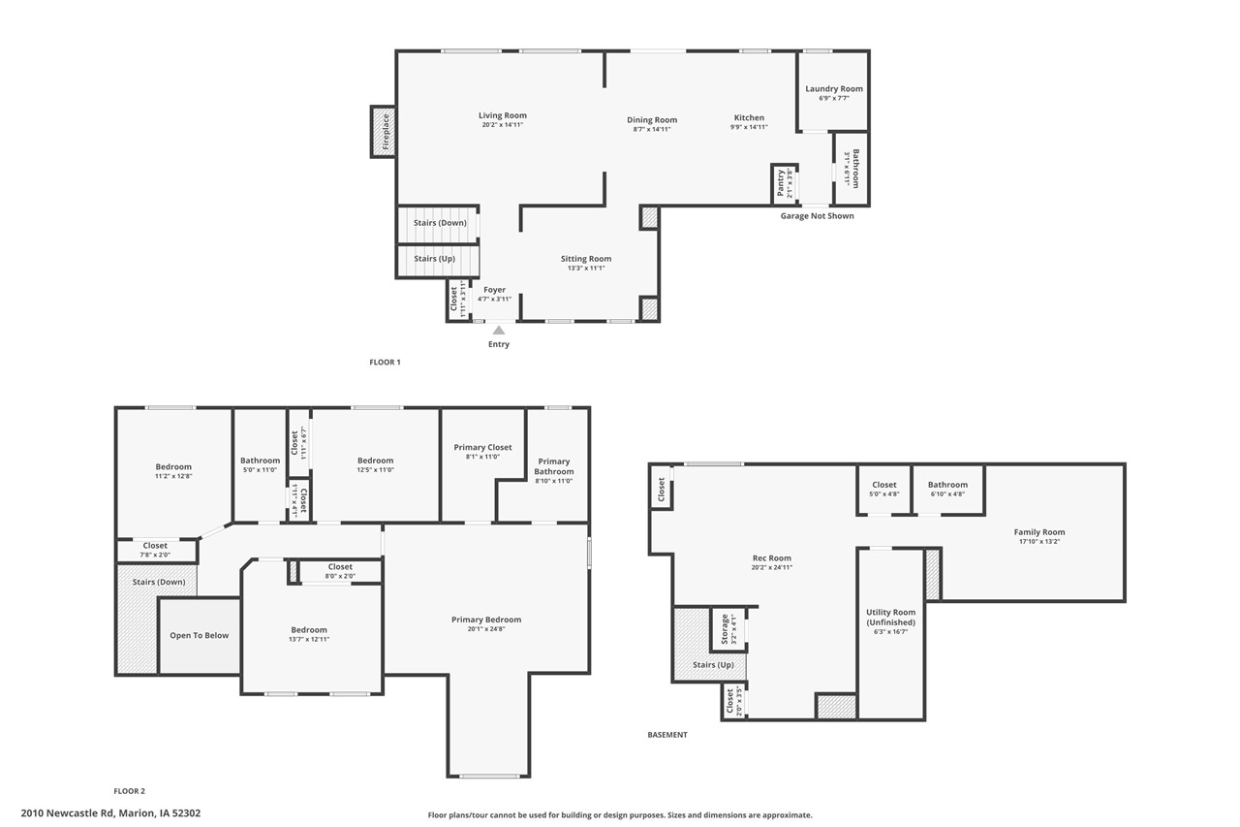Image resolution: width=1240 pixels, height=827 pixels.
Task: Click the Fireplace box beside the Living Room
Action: click(384, 131)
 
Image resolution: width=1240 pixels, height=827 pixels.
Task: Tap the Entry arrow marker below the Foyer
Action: click(499, 331)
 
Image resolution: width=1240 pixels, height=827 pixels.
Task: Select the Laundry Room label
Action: click(834, 89)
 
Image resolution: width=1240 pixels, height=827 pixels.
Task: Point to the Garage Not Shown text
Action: click(817, 216)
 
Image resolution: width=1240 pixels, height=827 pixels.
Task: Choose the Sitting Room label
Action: click(586, 259)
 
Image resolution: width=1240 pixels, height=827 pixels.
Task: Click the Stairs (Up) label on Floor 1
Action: click(434, 259)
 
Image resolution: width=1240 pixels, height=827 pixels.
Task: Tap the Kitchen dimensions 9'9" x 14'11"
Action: click(749, 127)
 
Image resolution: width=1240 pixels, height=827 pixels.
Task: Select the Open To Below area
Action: click(200, 636)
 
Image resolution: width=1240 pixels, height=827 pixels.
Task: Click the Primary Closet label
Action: click(482, 448)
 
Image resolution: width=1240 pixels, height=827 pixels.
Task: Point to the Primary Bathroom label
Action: click(554, 466)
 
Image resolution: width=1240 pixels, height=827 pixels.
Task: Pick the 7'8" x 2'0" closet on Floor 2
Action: click(155, 551)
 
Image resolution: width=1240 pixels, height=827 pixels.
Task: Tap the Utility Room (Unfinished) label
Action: click(890, 618)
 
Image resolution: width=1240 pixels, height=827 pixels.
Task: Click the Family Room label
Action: click(1039, 532)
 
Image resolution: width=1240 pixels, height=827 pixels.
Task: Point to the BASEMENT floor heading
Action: click(666, 735)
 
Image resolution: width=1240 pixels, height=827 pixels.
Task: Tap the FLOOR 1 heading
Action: click(385, 363)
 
